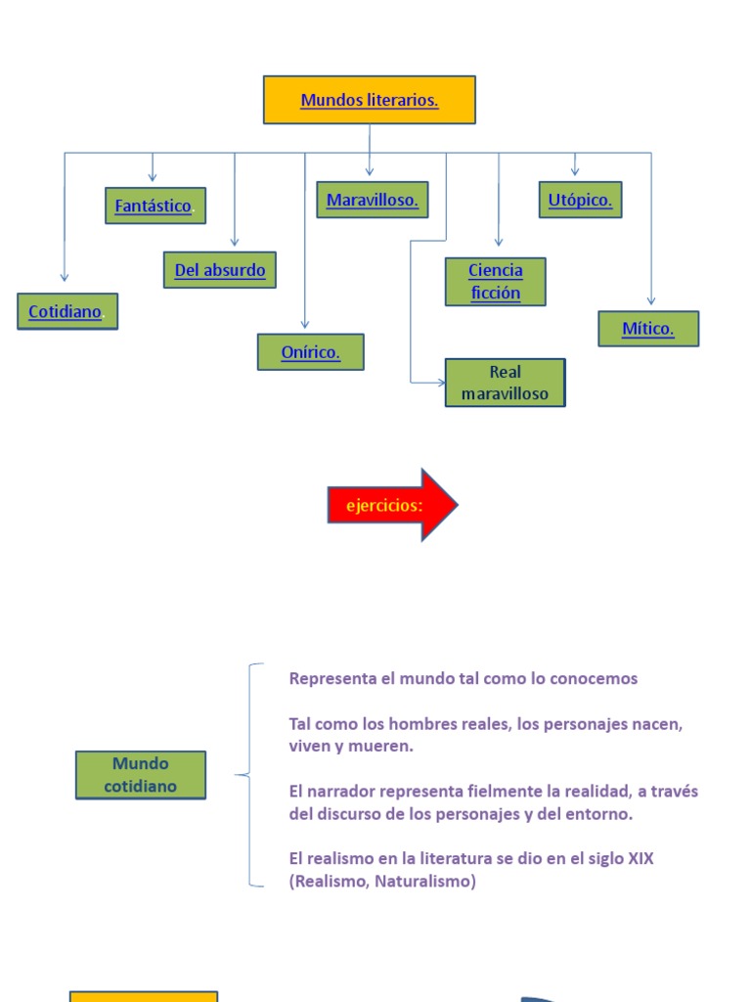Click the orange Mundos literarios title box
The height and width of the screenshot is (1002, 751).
369,100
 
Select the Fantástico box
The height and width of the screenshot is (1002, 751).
155,205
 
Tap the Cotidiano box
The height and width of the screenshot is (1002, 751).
66,311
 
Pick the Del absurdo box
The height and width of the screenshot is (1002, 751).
219,270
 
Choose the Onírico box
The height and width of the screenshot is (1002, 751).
310,352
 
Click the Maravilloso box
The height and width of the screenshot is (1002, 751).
372,200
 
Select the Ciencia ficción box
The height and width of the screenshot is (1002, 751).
495,282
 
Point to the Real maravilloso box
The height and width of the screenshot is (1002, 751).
505,383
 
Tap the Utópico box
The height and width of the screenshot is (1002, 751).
580,200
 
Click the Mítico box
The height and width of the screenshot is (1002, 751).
647,329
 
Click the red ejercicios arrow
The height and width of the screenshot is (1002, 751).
392,505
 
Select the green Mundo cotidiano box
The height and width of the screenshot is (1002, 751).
141,775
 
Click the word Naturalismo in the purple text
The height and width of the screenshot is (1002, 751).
427,881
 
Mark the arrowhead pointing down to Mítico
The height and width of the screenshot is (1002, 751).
651,301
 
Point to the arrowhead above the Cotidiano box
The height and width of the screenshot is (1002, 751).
65,277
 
